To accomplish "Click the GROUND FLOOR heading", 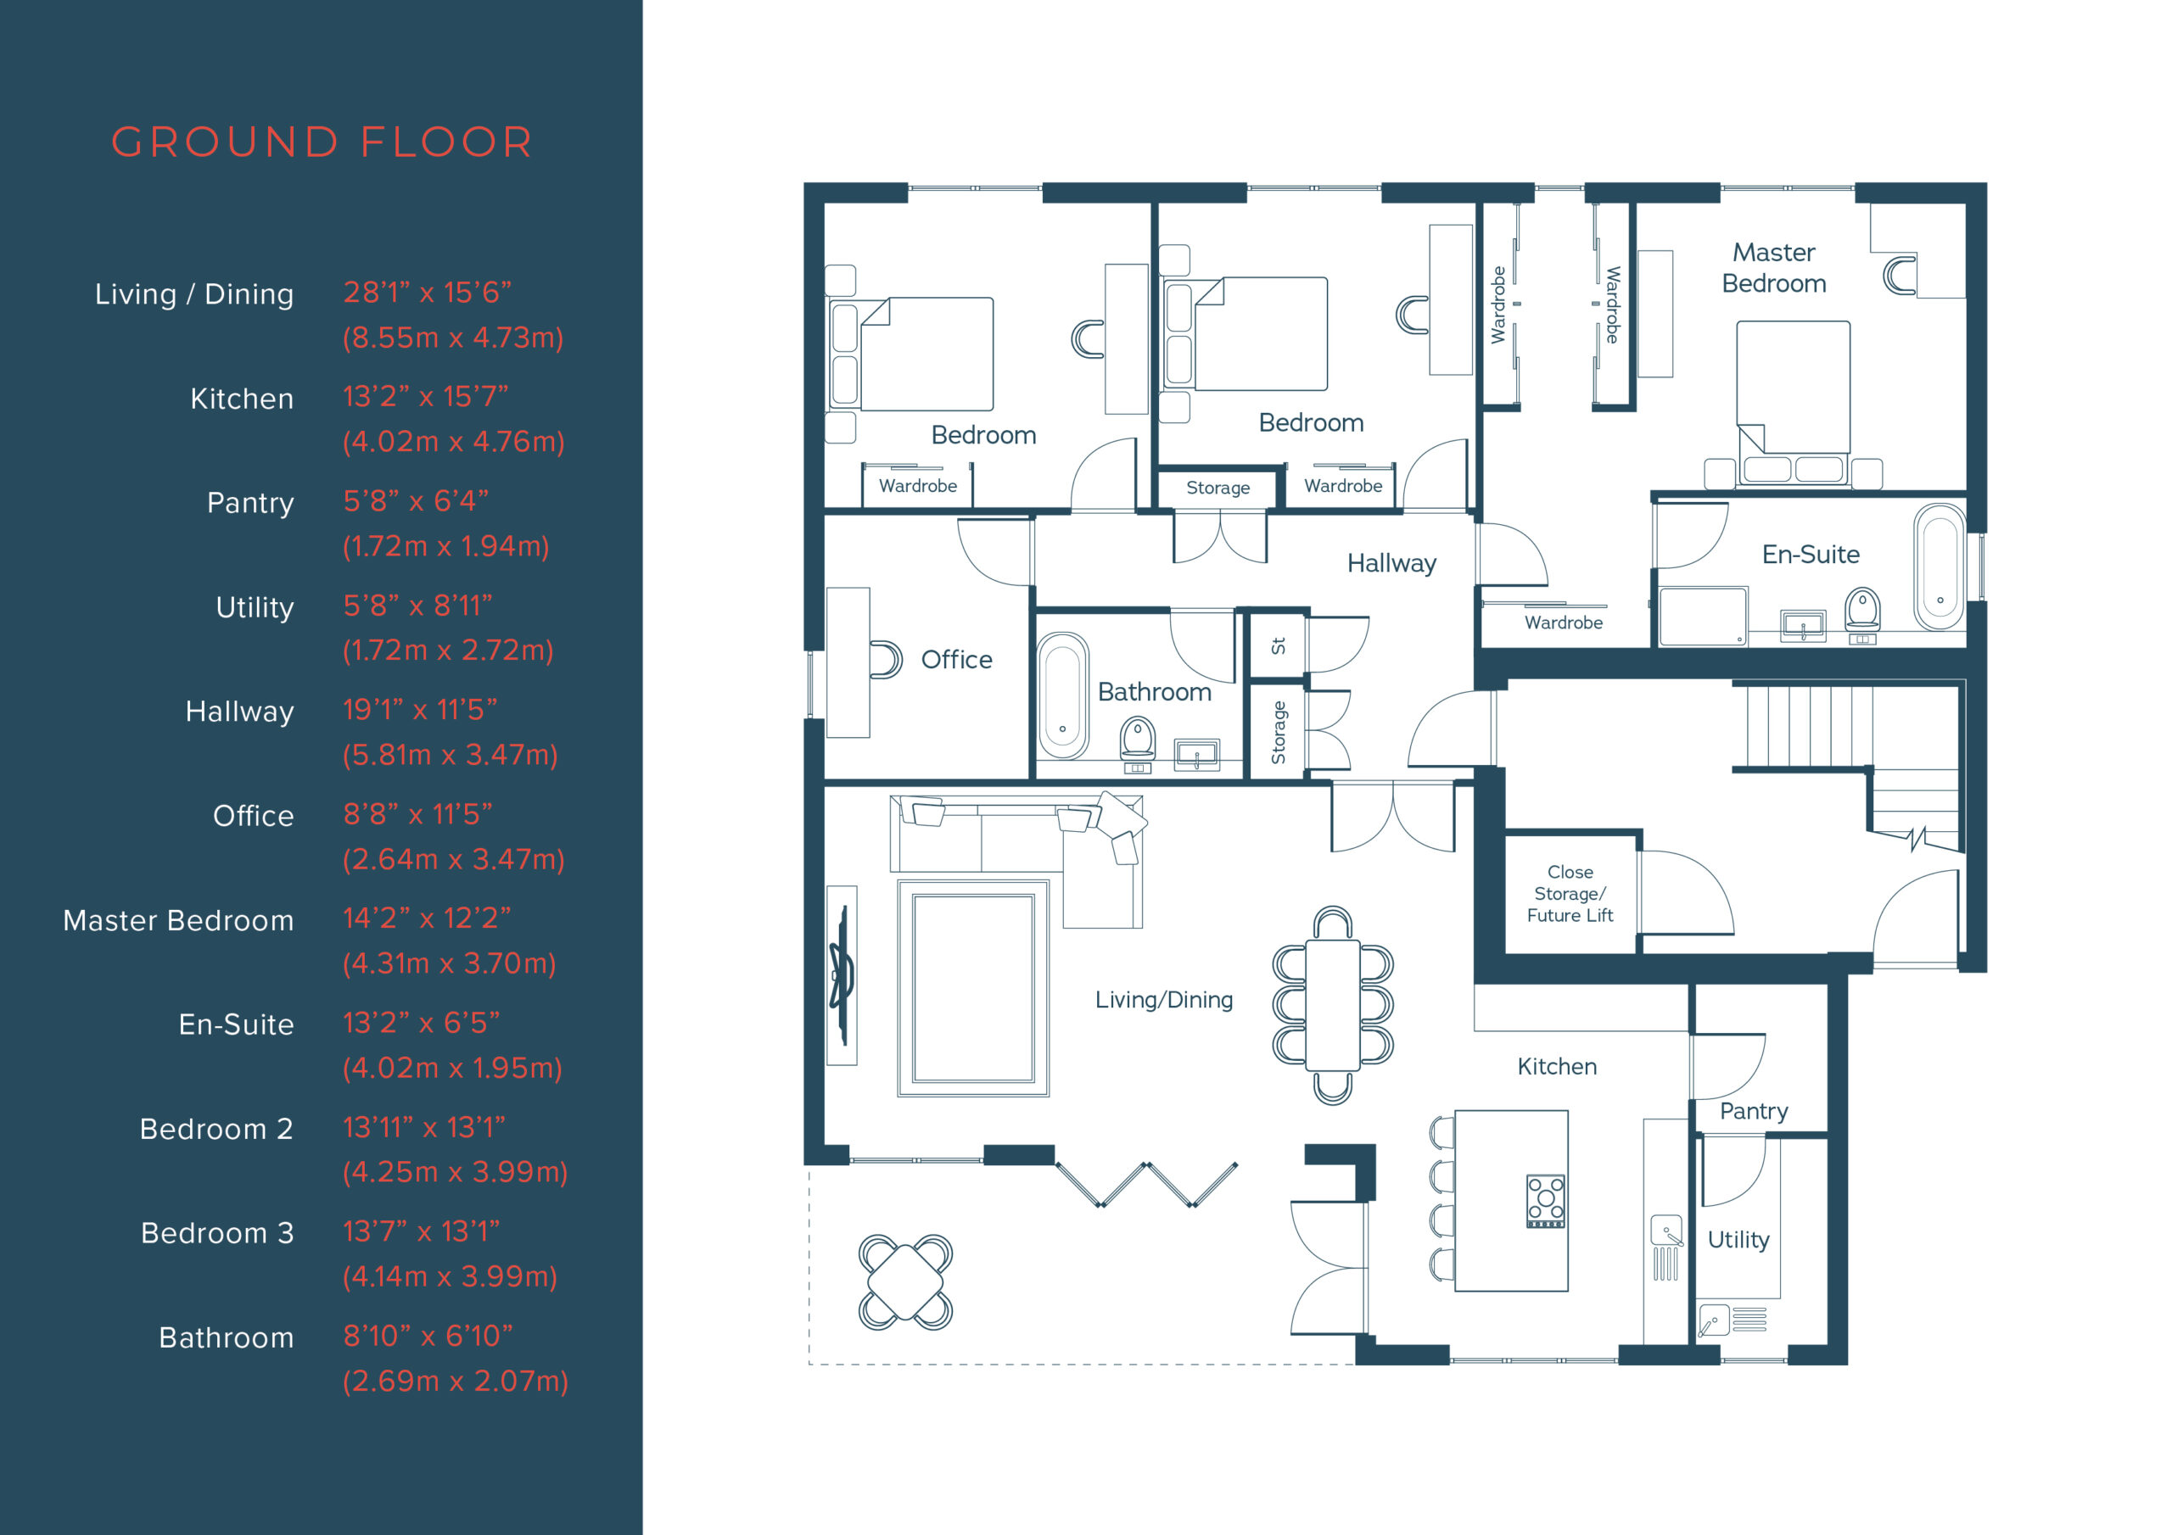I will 322,142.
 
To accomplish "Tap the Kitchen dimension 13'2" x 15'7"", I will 425,397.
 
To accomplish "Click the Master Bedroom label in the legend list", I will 178,920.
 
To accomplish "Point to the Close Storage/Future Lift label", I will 1570,893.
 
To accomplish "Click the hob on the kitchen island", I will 1545,1201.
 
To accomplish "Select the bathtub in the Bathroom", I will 1062,695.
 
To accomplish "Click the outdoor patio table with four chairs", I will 905,1281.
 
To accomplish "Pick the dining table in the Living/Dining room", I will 1332,1004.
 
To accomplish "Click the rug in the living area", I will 972,987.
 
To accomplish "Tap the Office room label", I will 956,659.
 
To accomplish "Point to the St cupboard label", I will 1278,646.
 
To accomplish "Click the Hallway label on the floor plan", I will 1391,564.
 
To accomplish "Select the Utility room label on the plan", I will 1738,1239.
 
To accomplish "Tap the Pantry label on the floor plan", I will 1753,1110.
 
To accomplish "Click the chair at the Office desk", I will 886,659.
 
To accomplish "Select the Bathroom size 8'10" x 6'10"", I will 428,1337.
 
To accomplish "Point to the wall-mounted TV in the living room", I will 840,974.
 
